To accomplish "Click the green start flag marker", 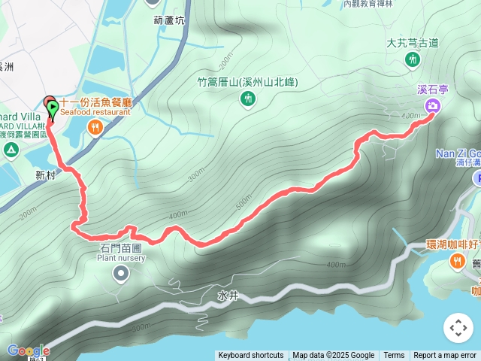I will (x=53, y=110).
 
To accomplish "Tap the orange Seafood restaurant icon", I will (x=94, y=128).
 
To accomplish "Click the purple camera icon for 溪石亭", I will (x=433, y=106).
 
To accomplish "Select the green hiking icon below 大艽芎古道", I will (x=411, y=59).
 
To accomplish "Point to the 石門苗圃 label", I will (x=120, y=247).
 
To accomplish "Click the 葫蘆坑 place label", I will (x=168, y=20).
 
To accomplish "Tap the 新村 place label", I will (x=46, y=174).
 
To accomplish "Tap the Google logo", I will (x=28, y=350).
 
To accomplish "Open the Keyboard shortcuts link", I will (x=251, y=356).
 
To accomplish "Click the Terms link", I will (x=394, y=356).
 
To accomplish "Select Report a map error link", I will (x=445, y=356).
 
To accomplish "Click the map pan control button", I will (x=458, y=328).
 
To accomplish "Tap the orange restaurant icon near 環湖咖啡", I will (x=457, y=261).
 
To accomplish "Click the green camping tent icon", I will (x=11, y=150).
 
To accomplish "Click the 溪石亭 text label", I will (x=433, y=89).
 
